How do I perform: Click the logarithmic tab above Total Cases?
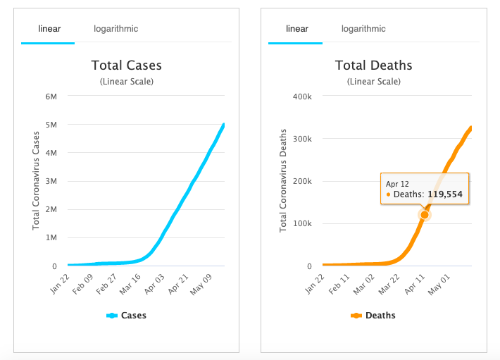click(116, 29)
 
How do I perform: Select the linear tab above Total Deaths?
click(297, 29)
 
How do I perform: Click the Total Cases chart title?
click(127, 66)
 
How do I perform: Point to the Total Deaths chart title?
click(373, 66)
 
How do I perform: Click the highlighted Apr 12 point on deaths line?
click(425, 214)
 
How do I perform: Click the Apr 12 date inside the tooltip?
click(397, 184)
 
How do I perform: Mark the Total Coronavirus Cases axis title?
click(36, 181)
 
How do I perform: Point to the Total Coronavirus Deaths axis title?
click(284, 181)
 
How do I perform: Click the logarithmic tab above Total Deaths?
click(363, 29)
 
